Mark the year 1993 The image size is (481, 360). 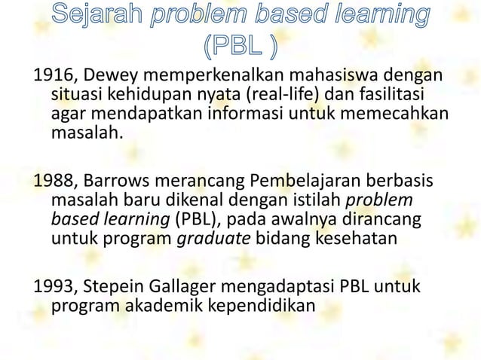click(x=51, y=288)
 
